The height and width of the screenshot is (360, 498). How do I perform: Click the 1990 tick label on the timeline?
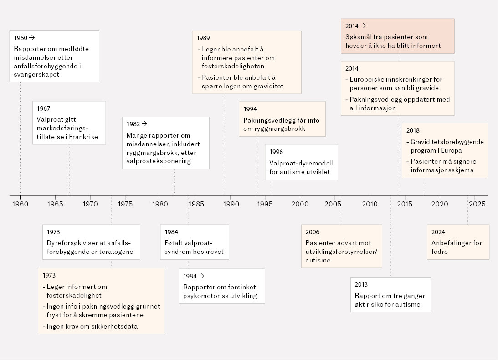tap(231, 204)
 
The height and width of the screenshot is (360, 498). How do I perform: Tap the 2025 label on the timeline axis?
tap(477, 204)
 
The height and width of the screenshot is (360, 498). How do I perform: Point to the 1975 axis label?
tap(125, 204)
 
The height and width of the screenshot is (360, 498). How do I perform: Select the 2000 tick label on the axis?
tap(300, 204)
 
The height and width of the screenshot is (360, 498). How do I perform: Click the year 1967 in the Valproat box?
tap(43, 108)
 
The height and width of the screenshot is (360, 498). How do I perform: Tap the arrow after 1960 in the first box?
tap(32, 38)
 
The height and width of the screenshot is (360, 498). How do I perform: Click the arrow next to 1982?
tap(144, 124)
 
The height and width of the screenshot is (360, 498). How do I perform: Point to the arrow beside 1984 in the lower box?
tap(201, 276)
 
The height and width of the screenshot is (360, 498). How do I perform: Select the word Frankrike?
tap(83, 137)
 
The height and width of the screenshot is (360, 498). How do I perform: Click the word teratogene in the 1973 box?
tap(117, 252)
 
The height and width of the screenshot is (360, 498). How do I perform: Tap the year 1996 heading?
tap(276, 152)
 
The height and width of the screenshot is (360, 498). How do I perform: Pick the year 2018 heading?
tap(413, 130)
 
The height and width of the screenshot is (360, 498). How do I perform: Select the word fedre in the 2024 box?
tap(440, 252)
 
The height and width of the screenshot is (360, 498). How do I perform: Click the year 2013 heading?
tap(361, 284)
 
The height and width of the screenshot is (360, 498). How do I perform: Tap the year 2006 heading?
tap(313, 232)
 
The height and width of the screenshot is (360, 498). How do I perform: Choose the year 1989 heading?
tap(203, 38)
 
